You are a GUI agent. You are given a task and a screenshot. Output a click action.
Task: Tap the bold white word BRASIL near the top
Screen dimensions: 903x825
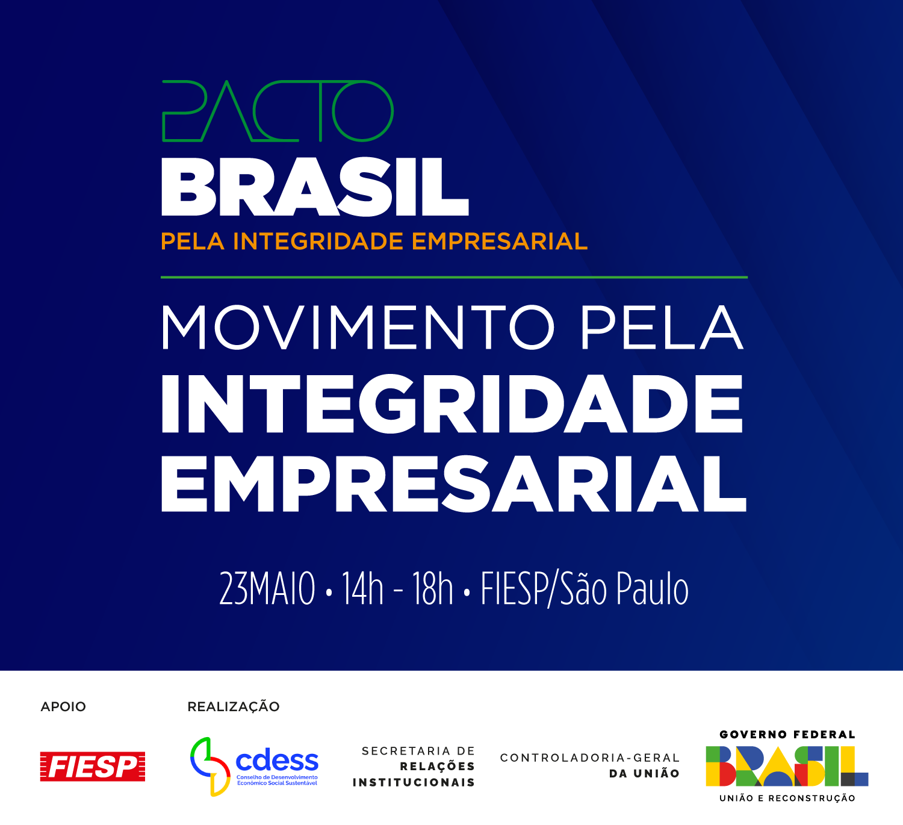pyautogui.click(x=315, y=187)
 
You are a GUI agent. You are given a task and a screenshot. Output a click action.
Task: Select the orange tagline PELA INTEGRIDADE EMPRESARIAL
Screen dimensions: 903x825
pyautogui.click(x=374, y=241)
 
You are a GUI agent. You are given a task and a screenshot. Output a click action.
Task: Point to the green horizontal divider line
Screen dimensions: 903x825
pyautogui.click(x=454, y=278)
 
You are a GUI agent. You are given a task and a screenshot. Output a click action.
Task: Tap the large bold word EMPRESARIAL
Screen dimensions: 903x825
pyautogui.click(x=454, y=483)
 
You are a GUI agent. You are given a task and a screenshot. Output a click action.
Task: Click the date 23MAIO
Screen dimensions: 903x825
pyautogui.click(x=267, y=588)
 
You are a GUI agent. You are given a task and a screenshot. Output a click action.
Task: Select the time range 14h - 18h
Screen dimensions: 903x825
pyautogui.click(x=397, y=588)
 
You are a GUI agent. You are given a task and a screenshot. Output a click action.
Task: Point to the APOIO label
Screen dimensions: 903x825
pyautogui.click(x=63, y=706)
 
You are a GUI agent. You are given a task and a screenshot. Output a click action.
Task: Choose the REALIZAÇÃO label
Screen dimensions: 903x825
pyautogui.click(x=233, y=706)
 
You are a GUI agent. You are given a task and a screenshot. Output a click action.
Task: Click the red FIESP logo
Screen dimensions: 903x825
pyautogui.click(x=92, y=767)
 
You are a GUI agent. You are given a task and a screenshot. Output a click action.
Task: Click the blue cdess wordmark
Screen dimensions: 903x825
pyautogui.click(x=277, y=761)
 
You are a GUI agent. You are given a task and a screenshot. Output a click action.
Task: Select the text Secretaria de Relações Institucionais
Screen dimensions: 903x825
pyautogui.click(x=414, y=767)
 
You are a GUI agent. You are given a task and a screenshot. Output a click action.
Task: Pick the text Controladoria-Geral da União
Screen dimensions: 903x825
pyautogui.click(x=590, y=765)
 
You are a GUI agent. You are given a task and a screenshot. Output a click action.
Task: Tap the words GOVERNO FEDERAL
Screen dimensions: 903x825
pyautogui.click(x=787, y=735)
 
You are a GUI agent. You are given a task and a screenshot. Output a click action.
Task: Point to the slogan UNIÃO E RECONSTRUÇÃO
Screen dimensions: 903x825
pyautogui.click(x=787, y=799)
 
